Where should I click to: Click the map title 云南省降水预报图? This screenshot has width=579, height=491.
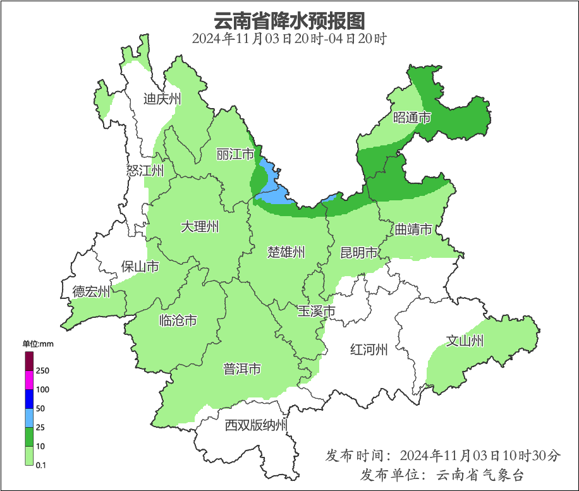click(289, 20)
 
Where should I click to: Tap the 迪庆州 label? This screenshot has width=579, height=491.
click(162, 99)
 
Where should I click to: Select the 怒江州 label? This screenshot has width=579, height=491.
click(145, 171)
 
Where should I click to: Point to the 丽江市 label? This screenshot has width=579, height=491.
click(235, 154)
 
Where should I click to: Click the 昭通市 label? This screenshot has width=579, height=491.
click(412, 118)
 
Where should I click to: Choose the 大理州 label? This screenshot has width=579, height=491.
click(200, 227)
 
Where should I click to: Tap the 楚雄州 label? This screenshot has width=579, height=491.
click(286, 253)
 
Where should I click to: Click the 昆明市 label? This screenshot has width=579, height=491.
click(358, 253)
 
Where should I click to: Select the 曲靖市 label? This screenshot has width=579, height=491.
click(413, 229)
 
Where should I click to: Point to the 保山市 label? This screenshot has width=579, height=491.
click(140, 267)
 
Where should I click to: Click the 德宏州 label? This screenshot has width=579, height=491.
click(91, 291)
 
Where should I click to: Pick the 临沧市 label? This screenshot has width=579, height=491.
click(178, 321)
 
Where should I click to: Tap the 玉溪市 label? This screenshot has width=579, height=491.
click(317, 311)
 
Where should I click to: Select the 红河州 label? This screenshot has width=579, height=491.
click(369, 349)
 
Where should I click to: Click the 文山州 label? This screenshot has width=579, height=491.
click(465, 341)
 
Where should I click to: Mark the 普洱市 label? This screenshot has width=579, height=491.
click(242, 369)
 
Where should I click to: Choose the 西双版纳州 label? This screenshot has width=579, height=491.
click(256, 425)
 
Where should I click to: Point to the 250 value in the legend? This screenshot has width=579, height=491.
click(43, 370)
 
